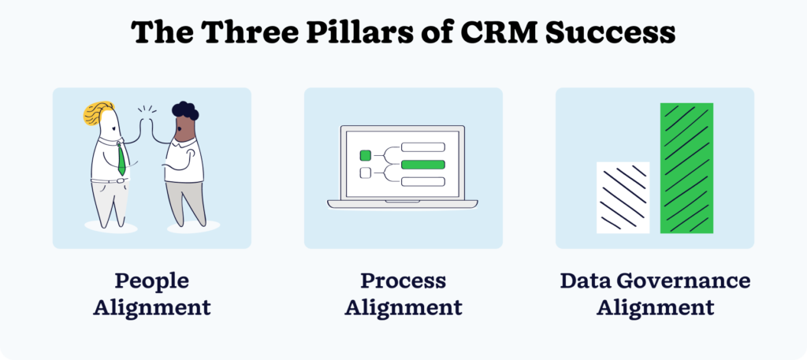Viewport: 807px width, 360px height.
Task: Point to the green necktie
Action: coord(121,158)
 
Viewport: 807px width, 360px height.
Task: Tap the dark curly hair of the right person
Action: coord(185,111)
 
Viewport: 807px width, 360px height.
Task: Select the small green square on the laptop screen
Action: coord(365,155)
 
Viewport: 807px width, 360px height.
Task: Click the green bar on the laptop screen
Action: coord(423,165)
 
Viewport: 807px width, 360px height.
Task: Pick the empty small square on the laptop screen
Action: coord(365,173)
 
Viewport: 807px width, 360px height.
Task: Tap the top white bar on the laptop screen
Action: coord(423,147)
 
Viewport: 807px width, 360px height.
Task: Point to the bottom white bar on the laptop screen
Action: coord(423,182)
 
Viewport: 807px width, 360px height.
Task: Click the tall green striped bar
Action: coord(686,168)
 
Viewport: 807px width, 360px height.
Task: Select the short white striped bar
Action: coord(623,197)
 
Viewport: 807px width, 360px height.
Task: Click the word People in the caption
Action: coord(151,281)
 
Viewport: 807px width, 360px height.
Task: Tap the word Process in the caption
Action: coord(403,281)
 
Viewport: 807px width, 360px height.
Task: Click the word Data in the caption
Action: coord(584,281)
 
